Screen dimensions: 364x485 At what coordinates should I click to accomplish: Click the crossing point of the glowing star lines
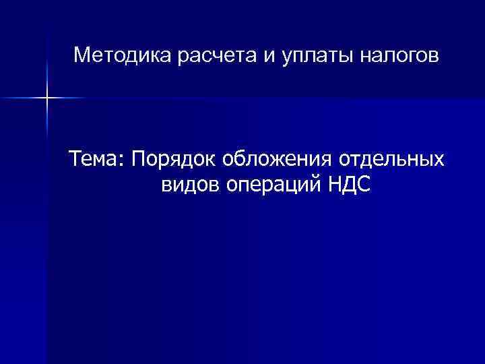47,98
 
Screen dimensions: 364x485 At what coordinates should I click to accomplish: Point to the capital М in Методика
82,54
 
